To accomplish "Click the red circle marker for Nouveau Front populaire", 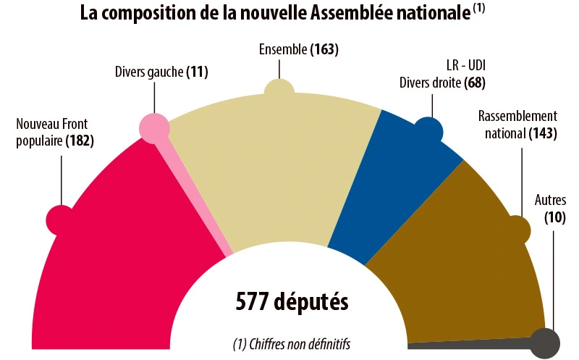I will tap(60, 219).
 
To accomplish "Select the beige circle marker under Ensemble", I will tap(279, 91).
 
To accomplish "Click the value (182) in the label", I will tap(80, 141).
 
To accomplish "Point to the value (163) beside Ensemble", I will tap(324, 50).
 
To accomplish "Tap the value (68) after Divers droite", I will tap(475, 83).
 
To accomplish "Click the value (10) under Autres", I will tap(554, 216).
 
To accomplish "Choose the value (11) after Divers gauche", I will tap(197, 72).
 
